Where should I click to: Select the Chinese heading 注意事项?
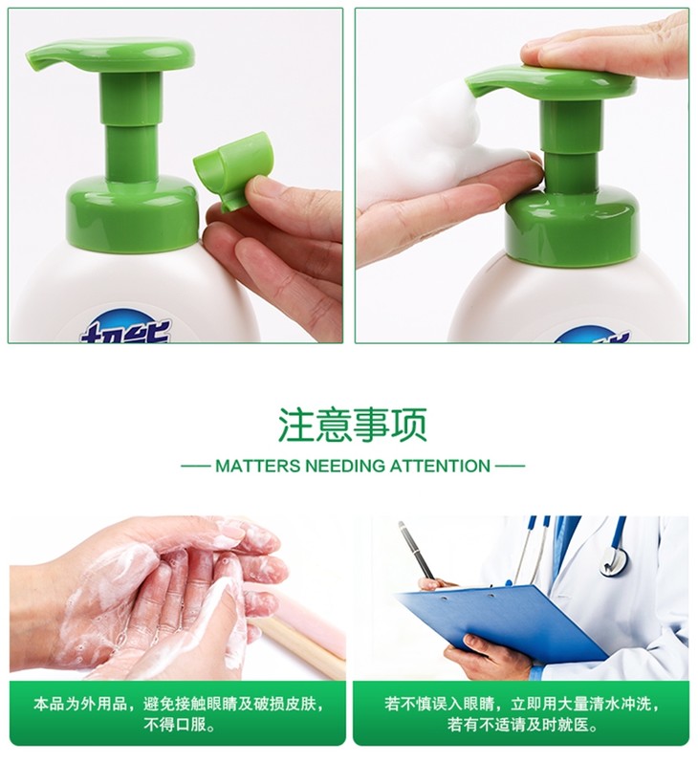pos(352,425)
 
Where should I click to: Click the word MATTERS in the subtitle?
pos(258,466)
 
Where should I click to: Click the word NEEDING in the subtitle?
pos(345,466)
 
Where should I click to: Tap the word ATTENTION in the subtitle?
pos(440,466)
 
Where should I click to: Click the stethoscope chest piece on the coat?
pos(614,559)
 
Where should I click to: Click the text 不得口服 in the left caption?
pos(180,726)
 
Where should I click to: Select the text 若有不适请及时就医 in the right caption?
pos(522,726)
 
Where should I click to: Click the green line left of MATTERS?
pos(195,466)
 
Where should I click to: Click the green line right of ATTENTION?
pos(511,466)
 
